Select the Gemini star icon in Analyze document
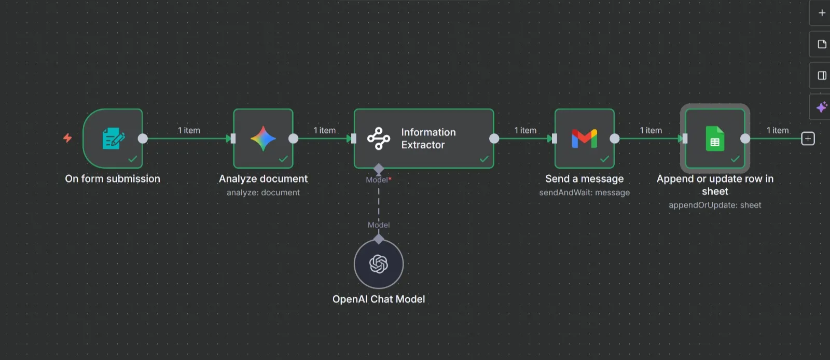[263, 139]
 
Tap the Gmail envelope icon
[585, 139]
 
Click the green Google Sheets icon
[715, 139]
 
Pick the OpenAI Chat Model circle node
[379, 264]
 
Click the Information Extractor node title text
[428, 139]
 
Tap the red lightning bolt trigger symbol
[67, 138]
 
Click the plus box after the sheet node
[808, 139]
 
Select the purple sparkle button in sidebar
[822, 107]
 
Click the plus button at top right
[822, 13]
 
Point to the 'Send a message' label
[584, 179]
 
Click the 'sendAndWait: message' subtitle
[584, 192]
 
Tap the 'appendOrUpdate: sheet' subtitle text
[715, 205]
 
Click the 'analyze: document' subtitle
[263, 192]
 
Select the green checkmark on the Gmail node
[604, 159]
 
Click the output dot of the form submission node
[143, 139]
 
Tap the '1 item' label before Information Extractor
[324, 130]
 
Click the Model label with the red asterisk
[378, 179]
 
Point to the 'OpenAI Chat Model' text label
[379, 299]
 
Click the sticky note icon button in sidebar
[822, 44]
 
